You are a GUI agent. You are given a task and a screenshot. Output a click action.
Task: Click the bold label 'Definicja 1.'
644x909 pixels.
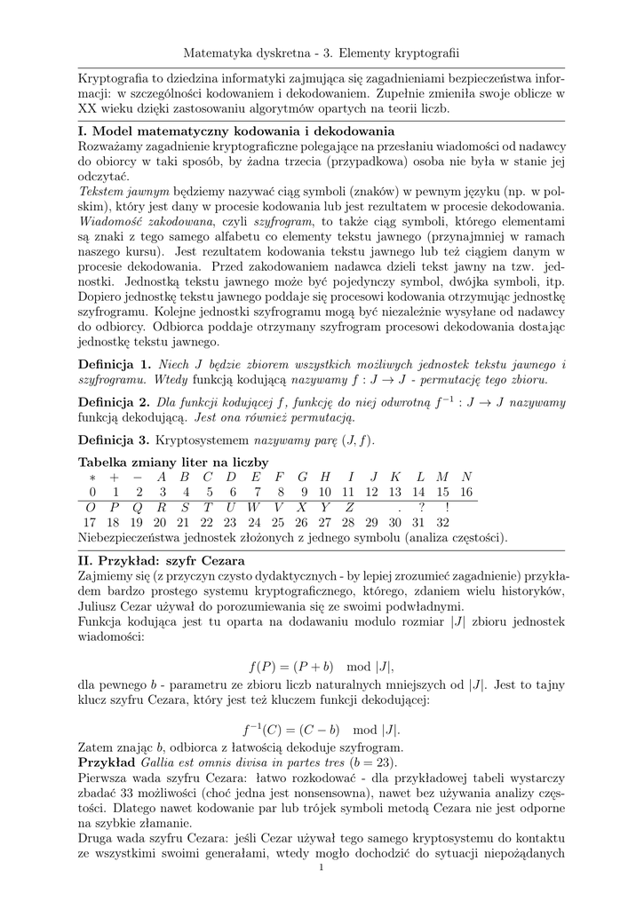coord(115,365)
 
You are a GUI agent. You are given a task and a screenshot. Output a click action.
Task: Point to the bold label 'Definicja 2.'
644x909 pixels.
coord(115,402)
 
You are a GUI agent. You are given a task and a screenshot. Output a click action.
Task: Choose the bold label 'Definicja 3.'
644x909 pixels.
coord(115,439)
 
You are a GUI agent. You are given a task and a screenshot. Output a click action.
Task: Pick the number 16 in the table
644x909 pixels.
coord(467,492)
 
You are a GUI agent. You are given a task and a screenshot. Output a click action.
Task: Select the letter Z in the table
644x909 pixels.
coord(350,507)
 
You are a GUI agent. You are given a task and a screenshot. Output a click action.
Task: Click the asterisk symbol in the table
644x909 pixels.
coord(91,477)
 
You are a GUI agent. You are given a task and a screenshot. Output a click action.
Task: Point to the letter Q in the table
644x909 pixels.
coord(139,507)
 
